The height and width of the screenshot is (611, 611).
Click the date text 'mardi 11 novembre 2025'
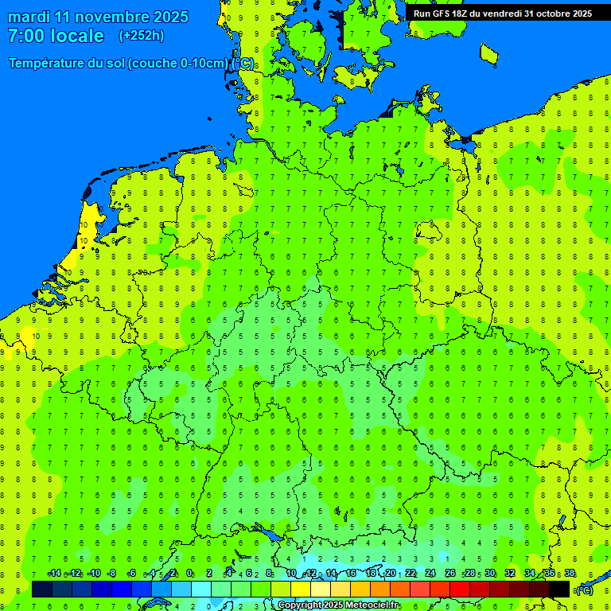(x=98, y=17)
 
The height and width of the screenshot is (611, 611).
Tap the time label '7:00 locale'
(x=56, y=36)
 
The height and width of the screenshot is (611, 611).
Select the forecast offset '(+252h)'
(x=141, y=36)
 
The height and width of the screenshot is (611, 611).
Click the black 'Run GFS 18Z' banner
(x=502, y=14)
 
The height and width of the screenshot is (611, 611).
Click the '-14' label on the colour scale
(x=54, y=574)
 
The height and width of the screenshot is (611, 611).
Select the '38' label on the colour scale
(x=570, y=574)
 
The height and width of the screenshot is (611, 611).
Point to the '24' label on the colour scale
(x=430, y=574)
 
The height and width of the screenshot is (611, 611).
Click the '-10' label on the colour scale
(x=93, y=574)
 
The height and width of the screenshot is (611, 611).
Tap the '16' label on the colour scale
(x=351, y=574)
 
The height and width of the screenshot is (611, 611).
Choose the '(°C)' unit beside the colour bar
(x=584, y=590)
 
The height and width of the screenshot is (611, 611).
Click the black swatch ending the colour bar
(x=559, y=590)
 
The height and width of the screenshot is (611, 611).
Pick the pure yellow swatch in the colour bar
(x=301, y=590)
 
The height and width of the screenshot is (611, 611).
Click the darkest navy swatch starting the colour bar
(x=42, y=590)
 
